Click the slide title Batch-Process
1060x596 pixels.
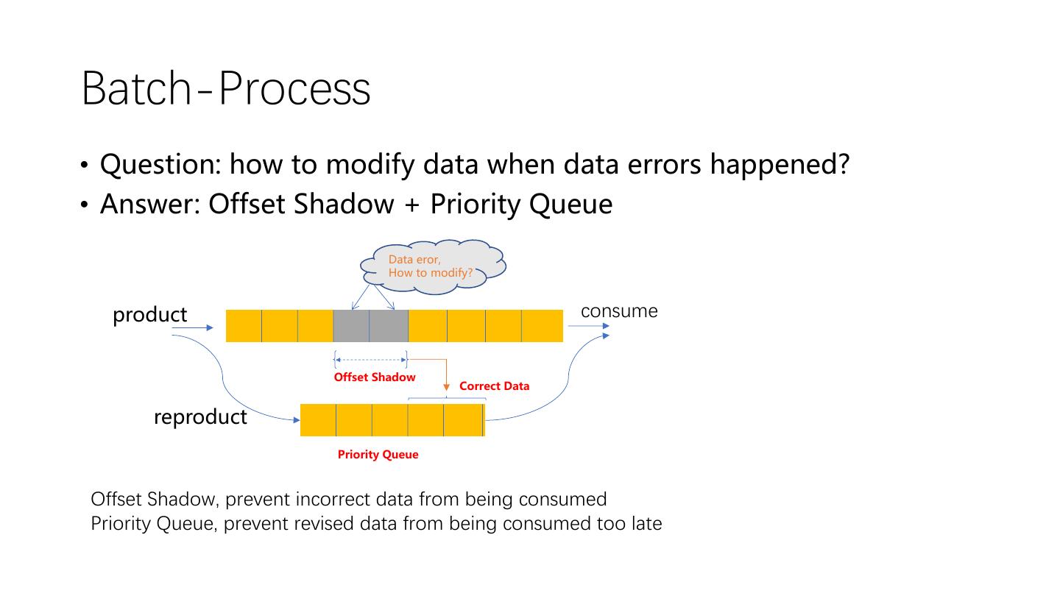click(x=226, y=88)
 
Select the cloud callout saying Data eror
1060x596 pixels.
click(x=433, y=266)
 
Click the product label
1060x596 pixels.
click(x=149, y=315)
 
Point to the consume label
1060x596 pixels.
click(x=619, y=311)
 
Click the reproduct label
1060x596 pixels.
click(x=200, y=417)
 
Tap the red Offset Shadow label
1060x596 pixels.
click(x=374, y=377)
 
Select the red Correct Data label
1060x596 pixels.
click(x=494, y=386)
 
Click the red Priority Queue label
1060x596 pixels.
click(x=378, y=455)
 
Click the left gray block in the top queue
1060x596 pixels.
click(x=351, y=326)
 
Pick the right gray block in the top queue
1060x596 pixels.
click(x=389, y=326)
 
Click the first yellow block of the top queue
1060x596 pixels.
click(x=244, y=326)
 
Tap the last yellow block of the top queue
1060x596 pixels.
click(x=543, y=326)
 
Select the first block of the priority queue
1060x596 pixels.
click(x=318, y=420)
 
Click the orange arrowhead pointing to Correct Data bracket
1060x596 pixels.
click(x=446, y=388)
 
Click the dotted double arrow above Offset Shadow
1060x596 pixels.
click(x=370, y=360)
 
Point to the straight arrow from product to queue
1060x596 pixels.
click(x=193, y=327)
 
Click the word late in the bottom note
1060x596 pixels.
click(x=646, y=524)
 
